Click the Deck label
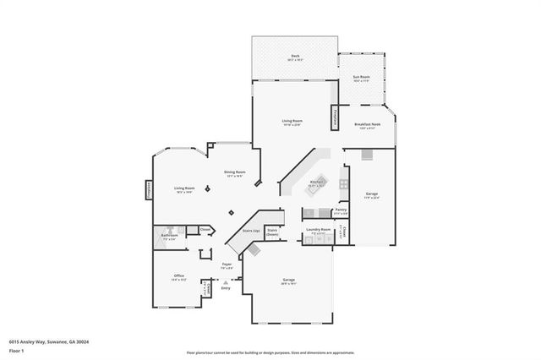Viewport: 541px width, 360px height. point(294,57)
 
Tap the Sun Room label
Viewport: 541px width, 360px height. point(362,78)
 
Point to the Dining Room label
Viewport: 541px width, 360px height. point(234,172)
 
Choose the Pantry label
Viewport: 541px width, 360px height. point(341,210)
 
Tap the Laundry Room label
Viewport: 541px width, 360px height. point(318,229)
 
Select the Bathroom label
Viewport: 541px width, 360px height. point(169,235)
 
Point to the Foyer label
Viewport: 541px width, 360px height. point(227,265)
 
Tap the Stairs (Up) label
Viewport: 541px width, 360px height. point(251,230)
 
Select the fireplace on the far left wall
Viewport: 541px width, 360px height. point(149,190)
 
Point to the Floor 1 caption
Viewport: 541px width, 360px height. point(17,350)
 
